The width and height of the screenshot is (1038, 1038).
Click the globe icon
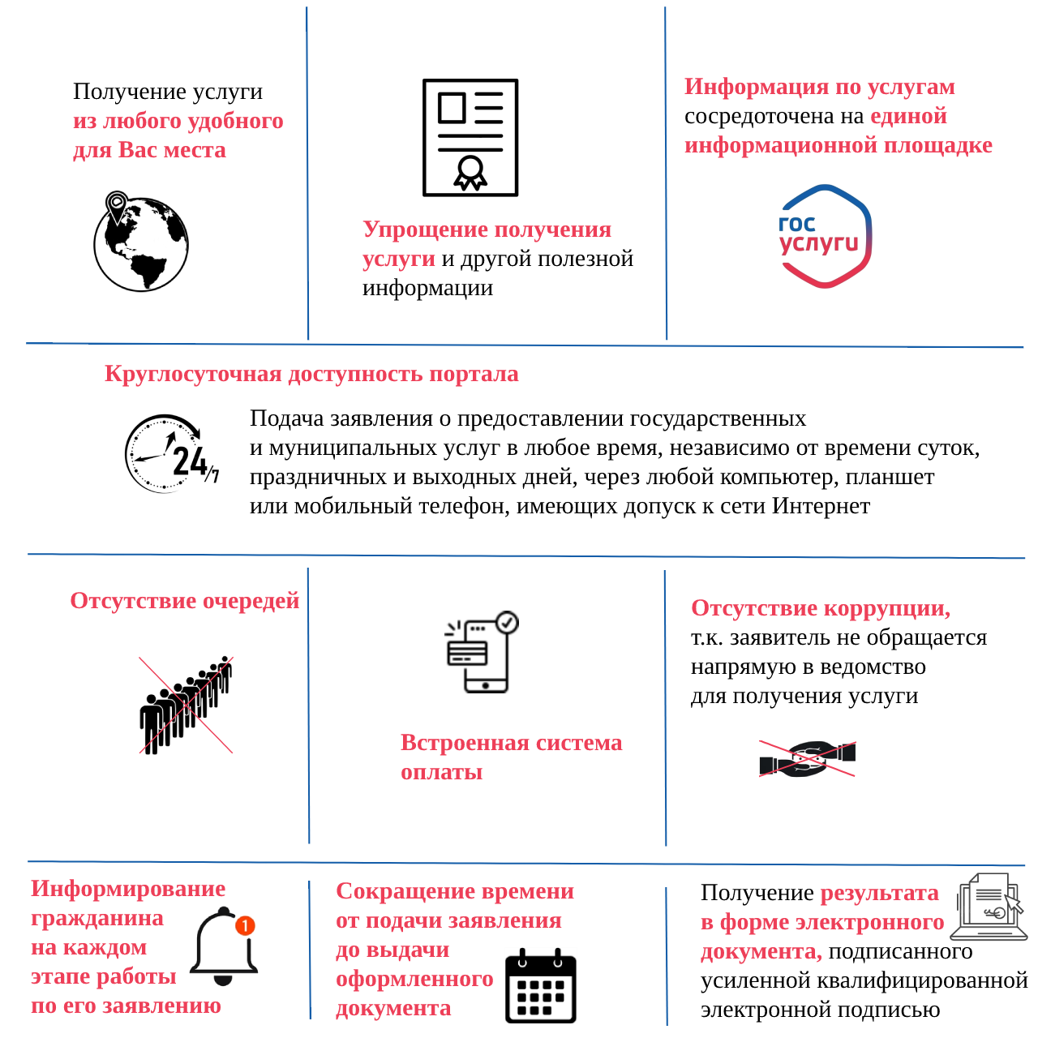tap(140, 244)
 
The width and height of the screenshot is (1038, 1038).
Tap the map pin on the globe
tap(116, 206)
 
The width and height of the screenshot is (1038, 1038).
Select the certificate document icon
tap(470, 137)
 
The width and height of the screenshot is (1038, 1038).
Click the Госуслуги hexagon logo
tap(824, 236)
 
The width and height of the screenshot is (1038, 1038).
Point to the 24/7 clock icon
tap(171, 453)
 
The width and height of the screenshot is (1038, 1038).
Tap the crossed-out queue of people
tap(186, 705)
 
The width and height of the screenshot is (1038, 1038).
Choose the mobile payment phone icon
tap(481, 652)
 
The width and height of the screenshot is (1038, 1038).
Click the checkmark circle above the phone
tap(506, 622)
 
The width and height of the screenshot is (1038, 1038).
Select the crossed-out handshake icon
tap(806, 759)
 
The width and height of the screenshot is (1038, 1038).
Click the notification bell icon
tap(223, 946)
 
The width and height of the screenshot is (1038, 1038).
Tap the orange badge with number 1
tap(245, 925)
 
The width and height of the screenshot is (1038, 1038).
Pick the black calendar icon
tap(540, 985)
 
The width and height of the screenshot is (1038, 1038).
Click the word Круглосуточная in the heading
tap(193, 373)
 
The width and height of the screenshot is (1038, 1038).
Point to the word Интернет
tap(821, 505)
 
